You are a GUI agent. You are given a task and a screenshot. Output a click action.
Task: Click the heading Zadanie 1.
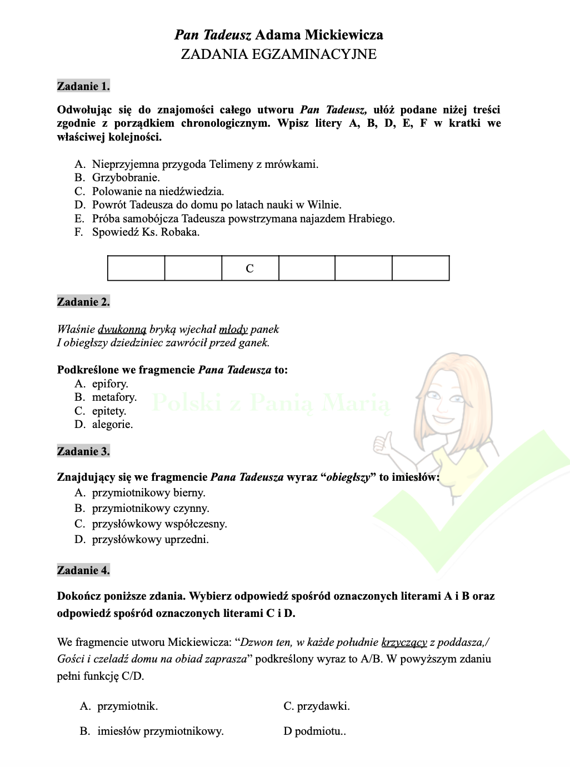point(83,86)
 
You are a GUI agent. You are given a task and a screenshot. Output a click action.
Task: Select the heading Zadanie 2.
point(83,302)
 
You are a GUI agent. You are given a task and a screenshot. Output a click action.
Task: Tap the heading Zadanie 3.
point(83,451)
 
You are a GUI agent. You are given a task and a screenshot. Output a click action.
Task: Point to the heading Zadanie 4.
point(83,570)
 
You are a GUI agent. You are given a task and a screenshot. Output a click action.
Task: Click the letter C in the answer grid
point(250,268)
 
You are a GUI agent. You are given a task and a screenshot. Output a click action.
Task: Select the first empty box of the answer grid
point(136,268)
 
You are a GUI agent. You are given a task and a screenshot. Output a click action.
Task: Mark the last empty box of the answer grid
point(421,268)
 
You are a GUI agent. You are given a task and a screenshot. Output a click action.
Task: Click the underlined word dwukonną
point(122,330)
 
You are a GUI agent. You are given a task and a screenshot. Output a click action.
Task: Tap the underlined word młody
point(233,330)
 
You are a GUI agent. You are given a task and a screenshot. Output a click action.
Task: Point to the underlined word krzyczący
point(404,643)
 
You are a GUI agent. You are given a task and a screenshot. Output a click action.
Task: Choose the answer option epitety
point(109,411)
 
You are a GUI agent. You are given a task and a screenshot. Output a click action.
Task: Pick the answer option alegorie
point(112,425)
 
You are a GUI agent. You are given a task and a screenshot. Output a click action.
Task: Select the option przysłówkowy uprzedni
point(150,539)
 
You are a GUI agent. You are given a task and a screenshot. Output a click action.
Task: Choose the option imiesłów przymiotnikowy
point(160,731)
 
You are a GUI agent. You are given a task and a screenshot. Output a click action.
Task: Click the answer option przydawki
point(323,706)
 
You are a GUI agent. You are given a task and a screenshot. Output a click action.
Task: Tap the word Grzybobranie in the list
point(126,178)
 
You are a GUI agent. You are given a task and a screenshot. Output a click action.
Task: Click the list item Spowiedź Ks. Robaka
point(146,232)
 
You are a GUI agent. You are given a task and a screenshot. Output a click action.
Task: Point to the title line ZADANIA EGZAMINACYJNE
point(278,54)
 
